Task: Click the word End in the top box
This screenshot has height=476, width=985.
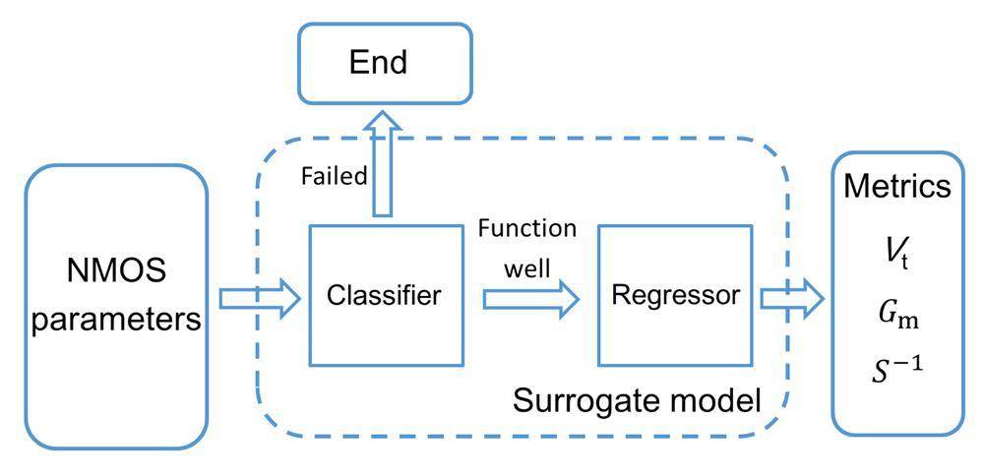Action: pos(379,64)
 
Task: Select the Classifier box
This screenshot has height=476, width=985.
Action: pos(385,294)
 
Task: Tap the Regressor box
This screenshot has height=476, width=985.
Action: pos(675,294)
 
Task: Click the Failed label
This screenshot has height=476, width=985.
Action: pos(334,176)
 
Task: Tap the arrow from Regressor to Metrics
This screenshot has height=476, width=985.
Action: pos(791,297)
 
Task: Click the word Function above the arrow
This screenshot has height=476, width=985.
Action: pos(527,229)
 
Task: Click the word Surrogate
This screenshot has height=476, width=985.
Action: pos(575,400)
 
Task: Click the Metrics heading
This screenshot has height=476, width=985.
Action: pos(896,187)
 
